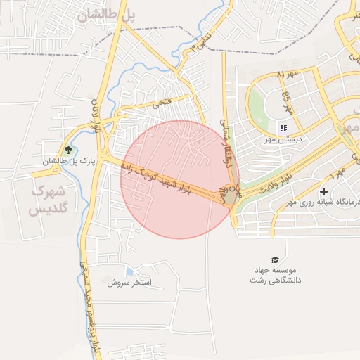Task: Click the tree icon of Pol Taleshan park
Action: pyautogui.click(x=68, y=150)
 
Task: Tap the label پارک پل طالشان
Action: pyautogui.click(x=68, y=162)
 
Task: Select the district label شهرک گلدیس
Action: pyautogui.click(x=48, y=200)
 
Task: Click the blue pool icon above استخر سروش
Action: pyautogui.click(x=129, y=271)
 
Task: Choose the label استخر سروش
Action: pyautogui.click(x=134, y=283)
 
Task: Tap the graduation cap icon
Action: pyautogui.click(x=274, y=259)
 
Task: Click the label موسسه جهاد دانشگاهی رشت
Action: pyautogui.click(x=275, y=275)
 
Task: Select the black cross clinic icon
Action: pyautogui.click(x=323, y=191)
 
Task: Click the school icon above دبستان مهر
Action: pyautogui.click(x=283, y=128)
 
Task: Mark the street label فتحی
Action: pyautogui.click(x=161, y=103)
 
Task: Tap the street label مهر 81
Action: pyautogui.click(x=288, y=72)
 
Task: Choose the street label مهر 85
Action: pyautogui.click(x=286, y=103)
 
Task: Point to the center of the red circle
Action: pyautogui.click(x=179, y=179)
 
